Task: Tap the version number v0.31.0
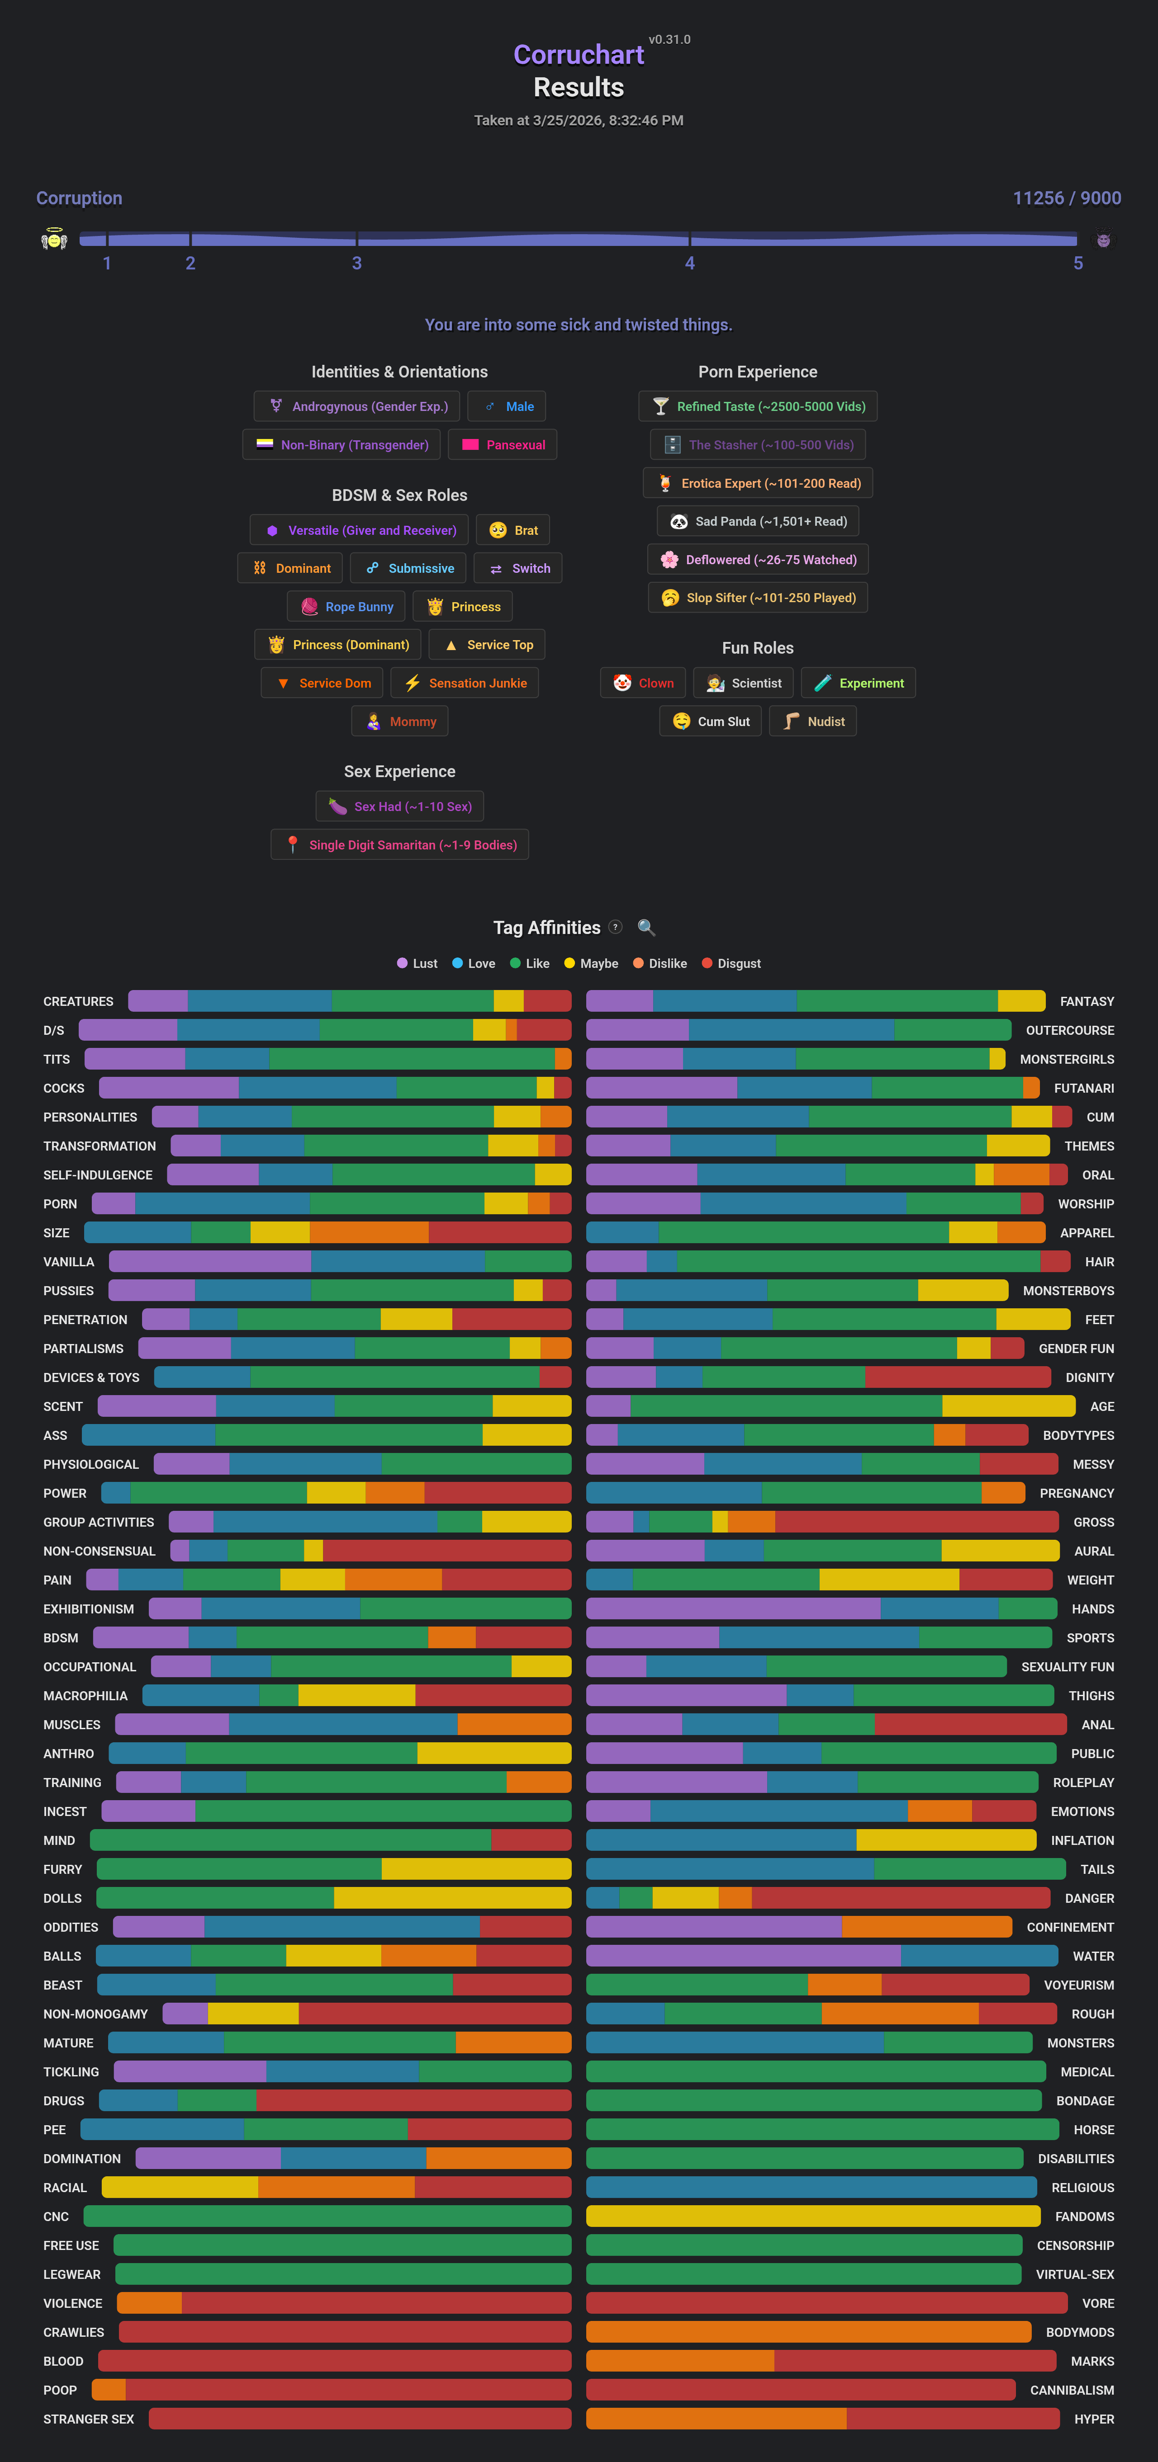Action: (x=669, y=39)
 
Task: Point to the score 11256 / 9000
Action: (x=1066, y=198)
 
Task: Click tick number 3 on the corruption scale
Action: (x=357, y=263)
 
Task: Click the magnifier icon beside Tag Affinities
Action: (x=646, y=927)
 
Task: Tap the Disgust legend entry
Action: (x=731, y=963)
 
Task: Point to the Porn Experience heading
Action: (x=757, y=372)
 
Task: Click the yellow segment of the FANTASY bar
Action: (x=1020, y=1000)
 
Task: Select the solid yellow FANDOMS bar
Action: (x=813, y=2216)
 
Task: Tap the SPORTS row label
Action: (x=1090, y=1637)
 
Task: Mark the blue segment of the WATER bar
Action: (x=979, y=1956)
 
